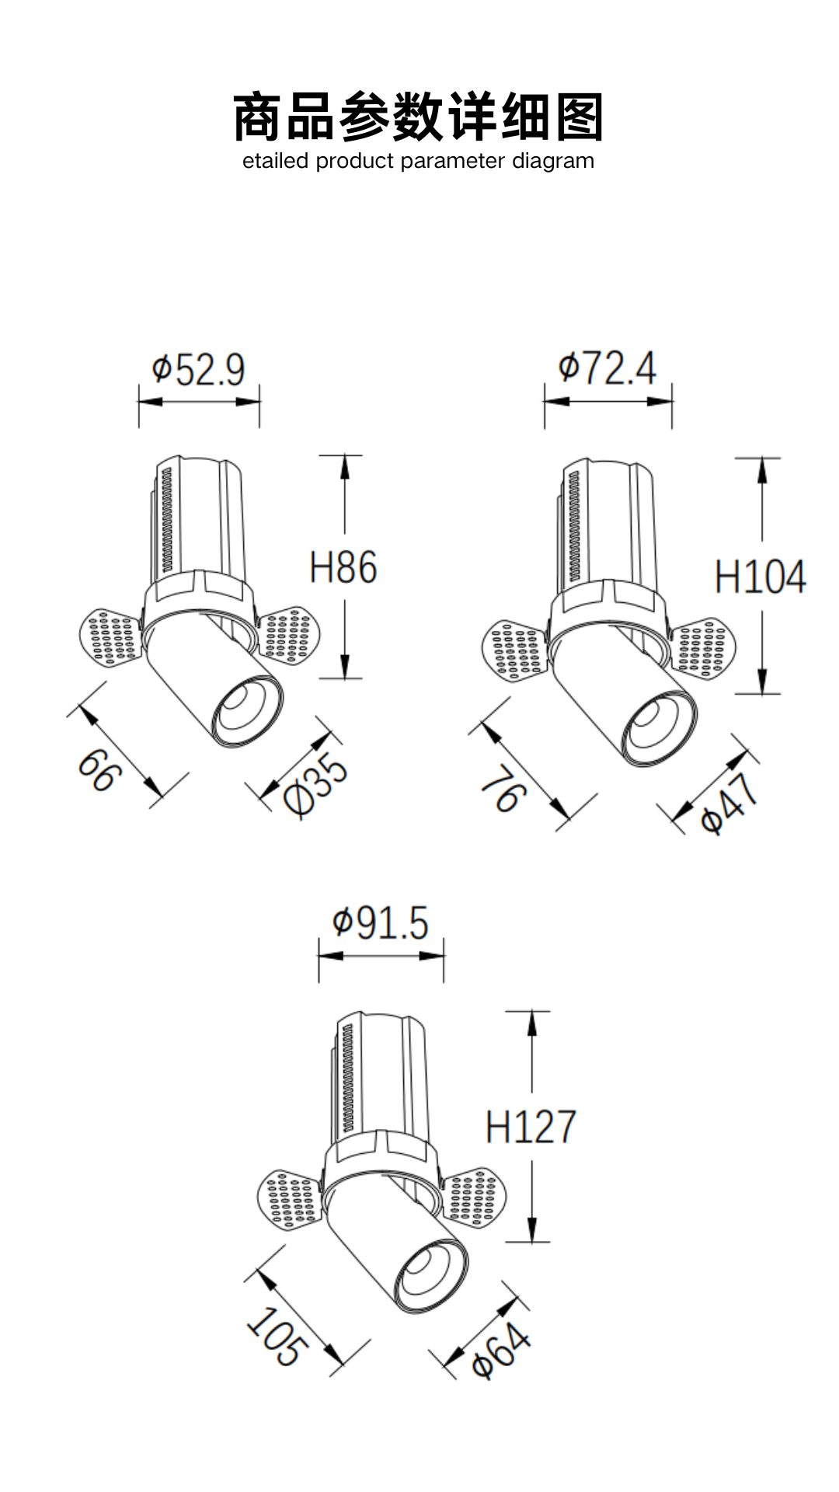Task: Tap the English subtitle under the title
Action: [x=418, y=161]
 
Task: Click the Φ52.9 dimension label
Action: [x=199, y=370]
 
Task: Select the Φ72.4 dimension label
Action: [x=607, y=368]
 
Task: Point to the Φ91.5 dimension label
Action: [x=381, y=923]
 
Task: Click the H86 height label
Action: [x=343, y=567]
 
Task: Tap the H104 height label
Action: [x=760, y=577]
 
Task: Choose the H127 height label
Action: [x=531, y=1127]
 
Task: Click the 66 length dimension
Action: [x=99, y=770]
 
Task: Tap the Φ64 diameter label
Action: [x=501, y=1352]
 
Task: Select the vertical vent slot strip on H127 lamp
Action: [x=346, y=1076]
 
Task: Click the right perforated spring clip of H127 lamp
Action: [x=473, y=1197]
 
